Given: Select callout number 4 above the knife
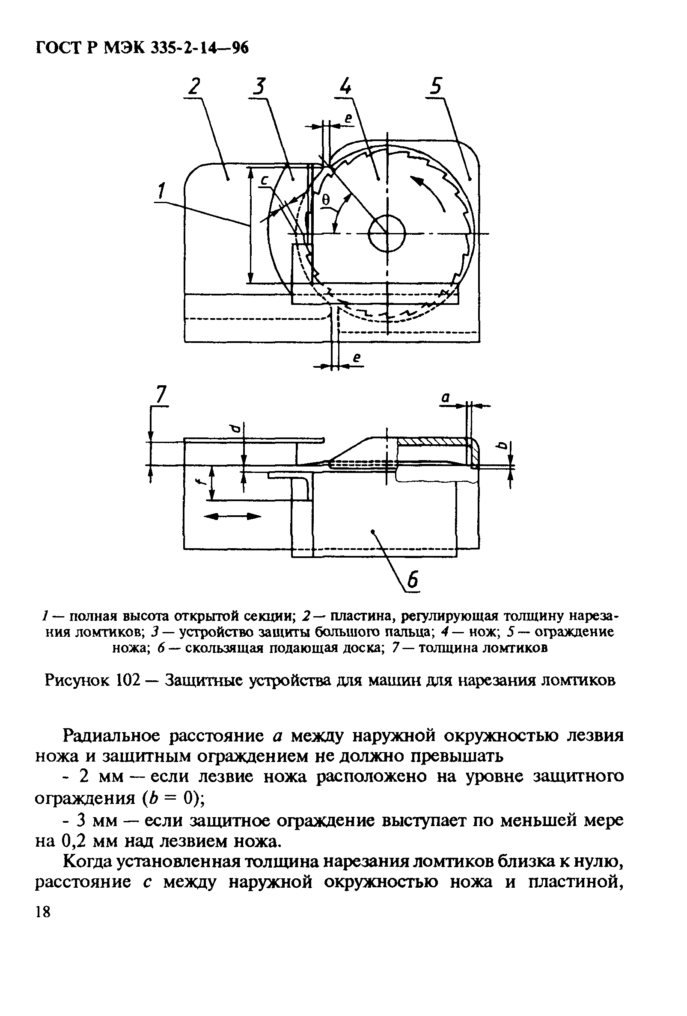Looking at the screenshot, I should pos(345,86).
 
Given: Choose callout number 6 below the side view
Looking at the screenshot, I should pos(413,582).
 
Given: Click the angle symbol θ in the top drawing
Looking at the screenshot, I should pos(326,199).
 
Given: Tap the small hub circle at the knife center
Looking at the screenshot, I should pos(387,233).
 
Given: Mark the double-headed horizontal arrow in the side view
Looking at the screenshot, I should pos(232,517).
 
